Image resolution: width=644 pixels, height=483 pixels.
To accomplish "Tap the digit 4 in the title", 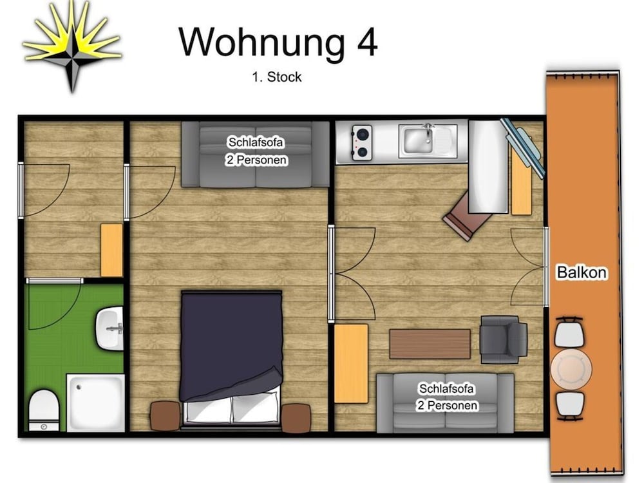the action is point(368,43).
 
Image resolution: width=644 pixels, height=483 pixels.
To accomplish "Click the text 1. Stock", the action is point(277,77).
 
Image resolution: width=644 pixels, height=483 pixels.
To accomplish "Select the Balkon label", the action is point(582,272).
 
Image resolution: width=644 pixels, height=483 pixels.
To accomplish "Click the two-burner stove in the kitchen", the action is point(362,142).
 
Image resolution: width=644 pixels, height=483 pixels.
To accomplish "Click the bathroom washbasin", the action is point(109,328).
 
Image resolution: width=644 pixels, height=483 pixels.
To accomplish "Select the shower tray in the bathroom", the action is point(96,402).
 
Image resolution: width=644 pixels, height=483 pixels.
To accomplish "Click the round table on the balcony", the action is point(571,368).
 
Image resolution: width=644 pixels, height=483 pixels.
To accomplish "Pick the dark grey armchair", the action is point(504,339).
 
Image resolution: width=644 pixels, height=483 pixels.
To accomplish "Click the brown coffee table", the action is point(430,344).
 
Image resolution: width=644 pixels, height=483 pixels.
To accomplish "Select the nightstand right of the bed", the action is point(296,418).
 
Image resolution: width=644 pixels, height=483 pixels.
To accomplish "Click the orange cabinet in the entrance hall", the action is point(111,250).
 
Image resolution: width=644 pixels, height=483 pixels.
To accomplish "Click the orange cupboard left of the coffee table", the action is point(351,363).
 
